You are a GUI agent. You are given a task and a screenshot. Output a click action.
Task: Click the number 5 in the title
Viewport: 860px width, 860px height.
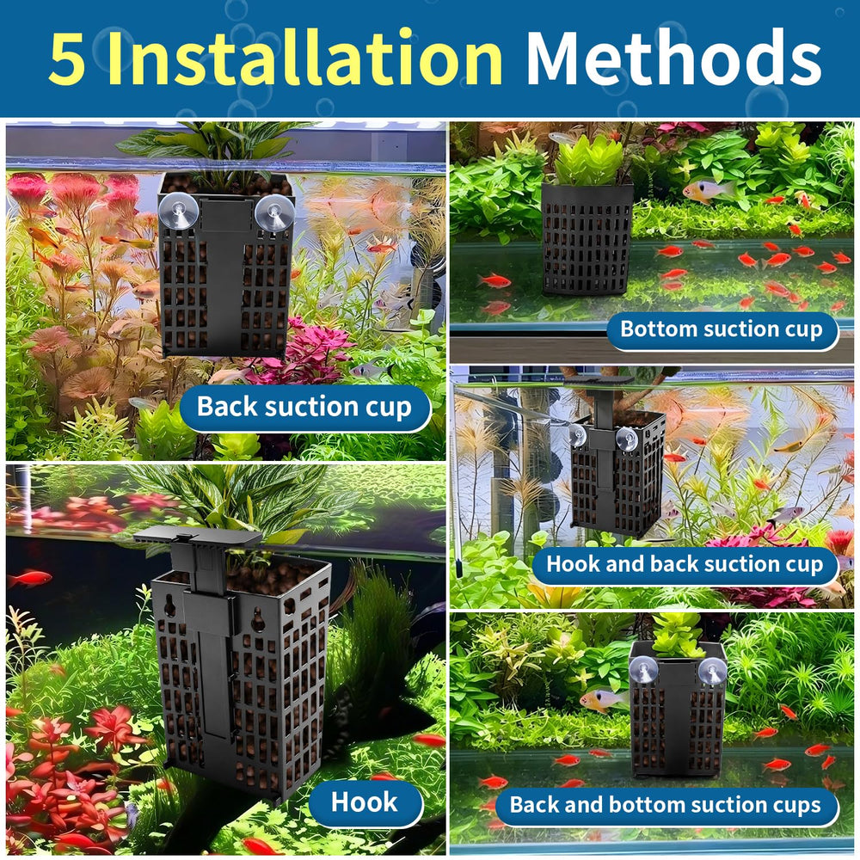pos(67,58)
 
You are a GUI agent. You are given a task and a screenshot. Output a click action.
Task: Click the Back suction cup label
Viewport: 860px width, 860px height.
pos(304,407)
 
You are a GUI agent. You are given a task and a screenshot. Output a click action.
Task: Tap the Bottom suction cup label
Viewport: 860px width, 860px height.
pos(722,329)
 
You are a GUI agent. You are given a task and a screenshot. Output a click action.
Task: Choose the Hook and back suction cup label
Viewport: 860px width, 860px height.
pos(685,564)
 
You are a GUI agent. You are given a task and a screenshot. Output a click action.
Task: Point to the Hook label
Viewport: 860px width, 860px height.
pos(365,802)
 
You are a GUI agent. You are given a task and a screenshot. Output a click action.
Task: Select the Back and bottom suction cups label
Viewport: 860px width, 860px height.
pos(666,805)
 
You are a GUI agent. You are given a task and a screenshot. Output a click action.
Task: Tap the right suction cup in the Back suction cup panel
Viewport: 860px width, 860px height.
pos(274,212)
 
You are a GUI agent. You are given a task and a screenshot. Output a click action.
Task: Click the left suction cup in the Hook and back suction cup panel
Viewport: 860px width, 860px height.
pos(577,435)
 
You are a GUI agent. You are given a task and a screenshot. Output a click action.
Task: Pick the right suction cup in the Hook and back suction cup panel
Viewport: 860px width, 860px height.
pos(626,439)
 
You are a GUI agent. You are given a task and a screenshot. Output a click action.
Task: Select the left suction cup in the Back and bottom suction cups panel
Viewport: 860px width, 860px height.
pos(642,670)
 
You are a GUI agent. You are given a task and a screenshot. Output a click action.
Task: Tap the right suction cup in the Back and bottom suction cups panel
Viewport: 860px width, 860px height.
pos(712,671)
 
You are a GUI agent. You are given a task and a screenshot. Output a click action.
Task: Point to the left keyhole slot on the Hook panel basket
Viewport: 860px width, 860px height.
pos(170,605)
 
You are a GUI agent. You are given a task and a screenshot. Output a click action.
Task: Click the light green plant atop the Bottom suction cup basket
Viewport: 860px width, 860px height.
pos(588,160)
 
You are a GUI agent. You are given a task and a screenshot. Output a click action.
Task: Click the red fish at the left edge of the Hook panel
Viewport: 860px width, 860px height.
pos(30,578)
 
